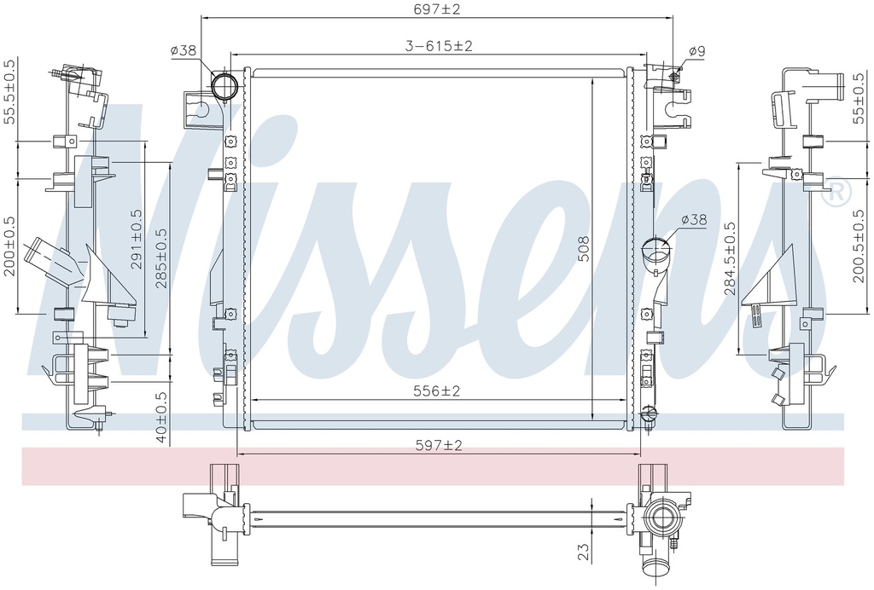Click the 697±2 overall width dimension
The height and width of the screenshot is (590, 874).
click(x=436, y=9)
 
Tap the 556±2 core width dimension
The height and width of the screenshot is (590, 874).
click(x=436, y=391)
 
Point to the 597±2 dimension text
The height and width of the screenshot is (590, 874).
click(x=439, y=445)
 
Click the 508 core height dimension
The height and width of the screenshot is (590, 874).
click(x=583, y=249)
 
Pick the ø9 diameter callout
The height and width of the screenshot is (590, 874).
click(x=696, y=52)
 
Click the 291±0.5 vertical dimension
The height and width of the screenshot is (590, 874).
click(x=137, y=240)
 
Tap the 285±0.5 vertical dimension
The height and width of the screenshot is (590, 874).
click(x=161, y=258)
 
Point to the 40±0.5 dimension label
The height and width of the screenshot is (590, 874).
click(x=161, y=417)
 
